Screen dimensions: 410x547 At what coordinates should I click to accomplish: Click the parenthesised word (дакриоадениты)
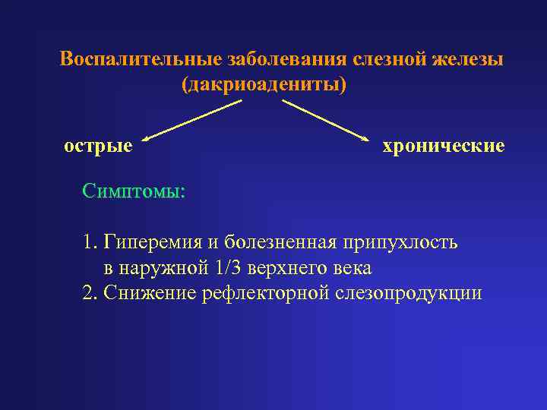[263, 84]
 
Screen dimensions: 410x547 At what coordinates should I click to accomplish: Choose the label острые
[98, 144]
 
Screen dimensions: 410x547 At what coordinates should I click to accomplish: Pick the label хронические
[443, 145]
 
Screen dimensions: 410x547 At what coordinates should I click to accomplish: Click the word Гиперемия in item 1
[154, 243]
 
